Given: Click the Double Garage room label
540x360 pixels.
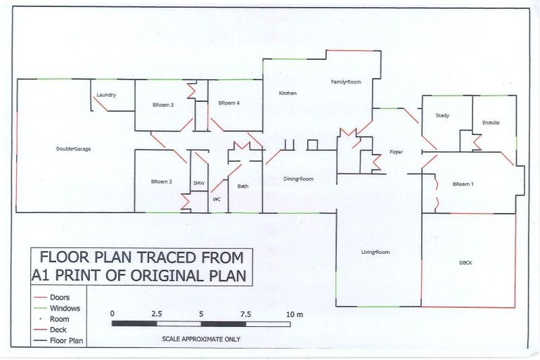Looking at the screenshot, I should (x=74, y=149).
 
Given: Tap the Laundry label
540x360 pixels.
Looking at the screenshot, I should (x=106, y=95).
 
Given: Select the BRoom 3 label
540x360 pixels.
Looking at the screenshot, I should (x=162, y=105).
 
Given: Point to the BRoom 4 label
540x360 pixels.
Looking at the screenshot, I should (x=229, y=103).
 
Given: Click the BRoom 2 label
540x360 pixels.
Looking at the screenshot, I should (x=161, y=182).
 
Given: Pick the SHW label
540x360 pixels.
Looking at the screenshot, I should (x=198, y=184).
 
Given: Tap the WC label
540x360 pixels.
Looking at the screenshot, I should (x=217, y=199).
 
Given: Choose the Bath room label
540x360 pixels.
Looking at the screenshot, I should (x=243, y=186).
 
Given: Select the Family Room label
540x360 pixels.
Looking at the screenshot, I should (x=346, y=82).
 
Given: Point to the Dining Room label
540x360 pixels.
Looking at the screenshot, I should (x=297, y=179).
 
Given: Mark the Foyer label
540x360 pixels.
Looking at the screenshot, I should (x=394, y=152).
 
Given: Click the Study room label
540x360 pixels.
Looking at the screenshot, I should (x=442, y=115).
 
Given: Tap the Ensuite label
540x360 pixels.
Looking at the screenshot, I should (x=491, y=123).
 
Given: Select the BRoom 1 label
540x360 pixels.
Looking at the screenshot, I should (x=463, y=184).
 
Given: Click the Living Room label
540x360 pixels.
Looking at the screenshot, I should (x=375, y=252).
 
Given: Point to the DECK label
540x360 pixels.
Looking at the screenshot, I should (x=466, y=263).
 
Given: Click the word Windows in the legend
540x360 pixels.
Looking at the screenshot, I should (x=65, y=308).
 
